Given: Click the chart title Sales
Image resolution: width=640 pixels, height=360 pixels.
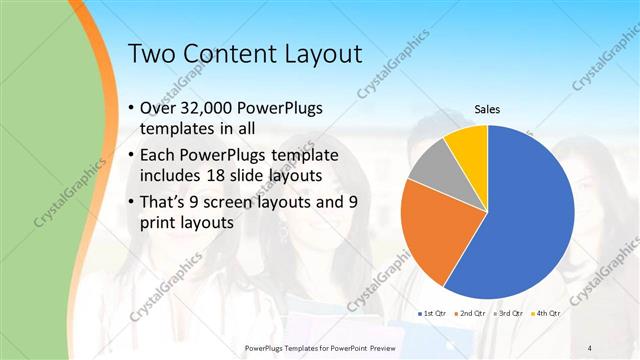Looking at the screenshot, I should coord(487,109).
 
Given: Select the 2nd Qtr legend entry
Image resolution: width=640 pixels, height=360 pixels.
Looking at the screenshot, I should coord(471,314).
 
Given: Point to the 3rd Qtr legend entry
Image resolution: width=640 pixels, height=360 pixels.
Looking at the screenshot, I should coord(507,314).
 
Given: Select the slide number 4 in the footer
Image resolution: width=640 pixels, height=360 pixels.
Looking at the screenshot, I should coord(589,347).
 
